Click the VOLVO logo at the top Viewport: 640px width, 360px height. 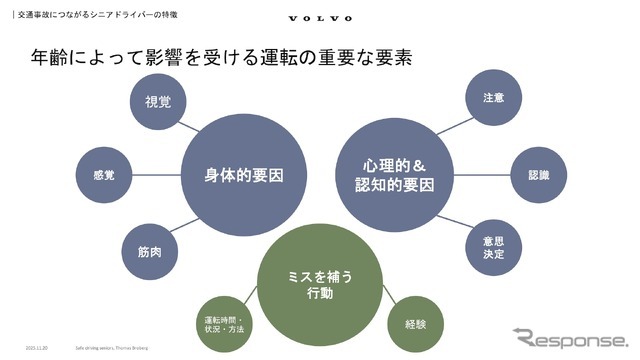(320, 17)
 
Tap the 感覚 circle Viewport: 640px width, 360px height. (102, 176)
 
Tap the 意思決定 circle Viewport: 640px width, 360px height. (492, 247)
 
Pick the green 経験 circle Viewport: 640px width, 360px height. (415, 323)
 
